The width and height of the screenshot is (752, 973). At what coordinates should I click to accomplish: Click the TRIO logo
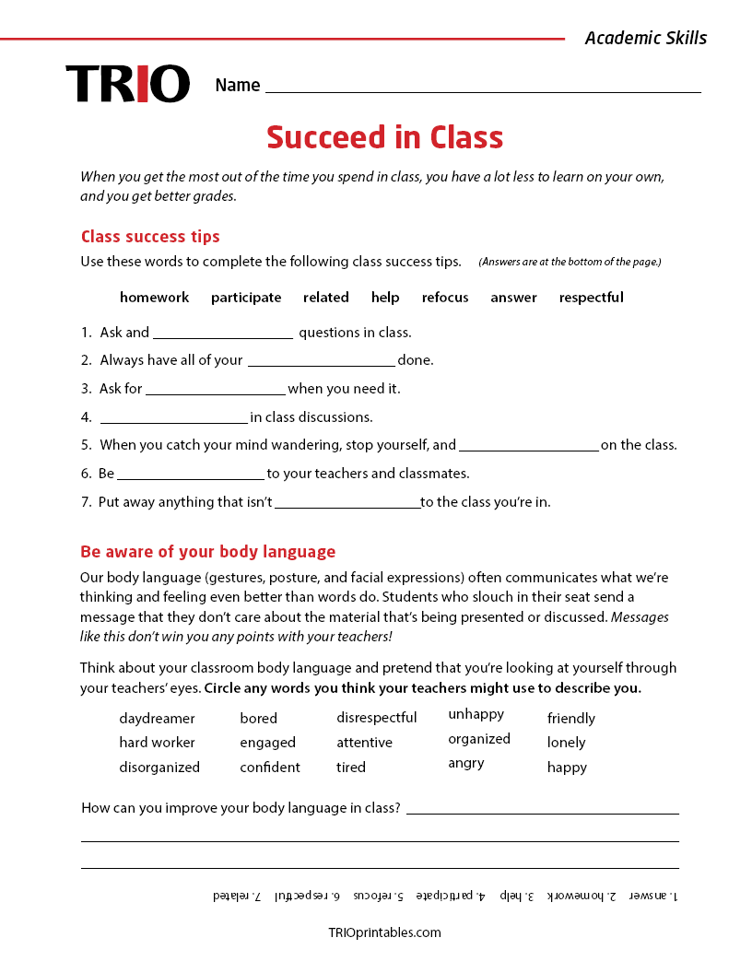(127, 84)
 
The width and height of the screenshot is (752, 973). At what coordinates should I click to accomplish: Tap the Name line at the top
(482, 87)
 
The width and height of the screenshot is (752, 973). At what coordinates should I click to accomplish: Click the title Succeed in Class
(384, 137)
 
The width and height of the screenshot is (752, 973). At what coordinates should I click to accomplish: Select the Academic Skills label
(645, 38)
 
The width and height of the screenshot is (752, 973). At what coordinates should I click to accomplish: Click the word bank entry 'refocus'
(445, 298)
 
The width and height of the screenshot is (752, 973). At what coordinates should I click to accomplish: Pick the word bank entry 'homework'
(154, 298)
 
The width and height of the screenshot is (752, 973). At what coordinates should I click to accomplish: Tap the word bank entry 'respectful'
(591, 298)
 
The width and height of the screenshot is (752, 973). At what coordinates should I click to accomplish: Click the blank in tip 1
(223, 334)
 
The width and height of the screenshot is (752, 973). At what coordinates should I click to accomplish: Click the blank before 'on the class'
(528, 446)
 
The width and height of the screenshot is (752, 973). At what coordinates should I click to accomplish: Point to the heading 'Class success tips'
(150, 237)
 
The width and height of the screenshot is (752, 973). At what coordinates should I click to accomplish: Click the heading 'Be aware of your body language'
(207, 552)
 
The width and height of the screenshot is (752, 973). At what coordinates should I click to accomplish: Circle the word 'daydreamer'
(157, 719)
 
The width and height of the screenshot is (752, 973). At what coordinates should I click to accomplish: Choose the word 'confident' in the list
(270, 768)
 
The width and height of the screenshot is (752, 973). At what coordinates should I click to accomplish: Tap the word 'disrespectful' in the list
(376, 718)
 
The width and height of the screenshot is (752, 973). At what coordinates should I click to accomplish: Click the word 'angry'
(466, 763)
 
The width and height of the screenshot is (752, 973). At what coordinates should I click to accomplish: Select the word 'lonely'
(566, 743)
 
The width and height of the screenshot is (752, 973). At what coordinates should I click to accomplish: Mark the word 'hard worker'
(157, 743)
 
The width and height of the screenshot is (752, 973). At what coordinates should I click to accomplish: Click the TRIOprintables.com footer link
(384, 932)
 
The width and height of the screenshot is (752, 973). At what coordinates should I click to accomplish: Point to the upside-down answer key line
(445, 896)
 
